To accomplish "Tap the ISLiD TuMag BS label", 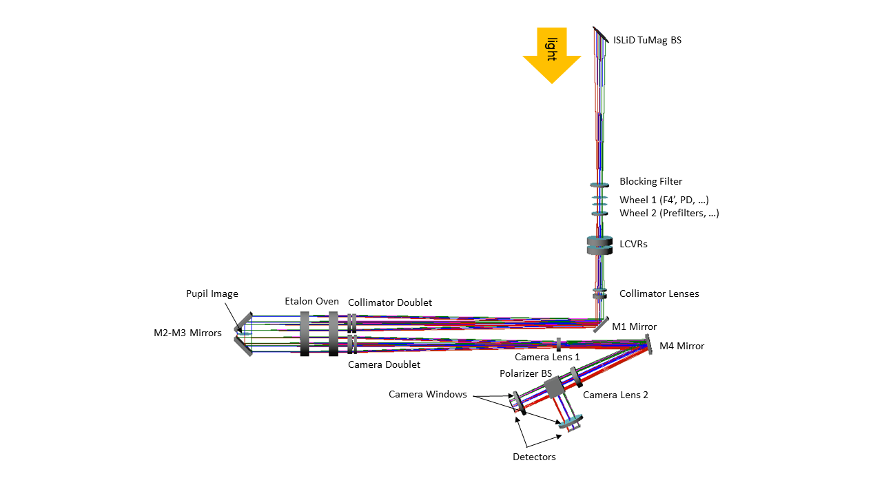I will point(647,41).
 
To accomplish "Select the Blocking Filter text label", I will point(650,182).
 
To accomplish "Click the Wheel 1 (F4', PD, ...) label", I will point(664,200).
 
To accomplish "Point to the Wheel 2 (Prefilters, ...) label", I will point(669,214).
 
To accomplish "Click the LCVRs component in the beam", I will point(599,245).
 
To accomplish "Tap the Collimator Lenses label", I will point(659,294).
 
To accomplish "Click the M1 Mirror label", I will point(634,327).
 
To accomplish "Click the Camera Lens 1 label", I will point(547,357).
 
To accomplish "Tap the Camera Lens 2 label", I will point(615,395).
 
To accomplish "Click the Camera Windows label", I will point(427,395).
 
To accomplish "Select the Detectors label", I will point(534,457).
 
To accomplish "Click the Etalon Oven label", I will point(311,302).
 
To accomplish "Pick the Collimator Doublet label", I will point(390,303).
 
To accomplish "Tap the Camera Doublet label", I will point(384,364).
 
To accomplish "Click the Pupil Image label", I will point(212,294).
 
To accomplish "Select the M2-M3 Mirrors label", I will point(187,333).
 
